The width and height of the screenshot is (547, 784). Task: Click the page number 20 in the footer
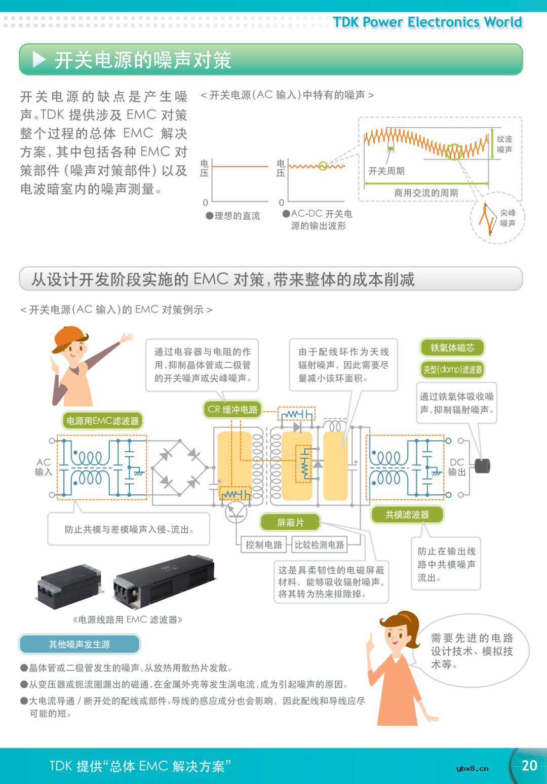coord(529,765)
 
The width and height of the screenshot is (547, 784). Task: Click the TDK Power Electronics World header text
coord(427,22)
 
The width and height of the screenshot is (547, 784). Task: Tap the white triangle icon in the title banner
coord(39,60)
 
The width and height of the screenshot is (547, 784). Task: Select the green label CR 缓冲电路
coord(232,409)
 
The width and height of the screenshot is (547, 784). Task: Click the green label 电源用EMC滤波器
coord(103,420)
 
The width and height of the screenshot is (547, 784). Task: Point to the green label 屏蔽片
coord(290,522)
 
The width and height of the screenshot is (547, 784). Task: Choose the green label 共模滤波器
coord(407,515)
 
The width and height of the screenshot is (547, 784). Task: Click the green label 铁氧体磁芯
coord(452,347)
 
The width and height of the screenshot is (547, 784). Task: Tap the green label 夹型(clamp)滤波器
coord(452,370)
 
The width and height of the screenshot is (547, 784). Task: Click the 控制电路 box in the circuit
coord(263,544)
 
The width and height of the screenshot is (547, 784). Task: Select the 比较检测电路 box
coord(320,544)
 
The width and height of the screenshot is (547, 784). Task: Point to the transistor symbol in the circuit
coord(236,512)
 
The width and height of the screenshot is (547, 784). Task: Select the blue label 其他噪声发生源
coord(80,644)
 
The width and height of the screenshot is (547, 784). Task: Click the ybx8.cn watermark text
coord(472,768)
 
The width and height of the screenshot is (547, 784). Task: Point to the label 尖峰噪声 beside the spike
coord(507,218)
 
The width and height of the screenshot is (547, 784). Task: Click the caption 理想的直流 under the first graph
coord(233,216)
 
